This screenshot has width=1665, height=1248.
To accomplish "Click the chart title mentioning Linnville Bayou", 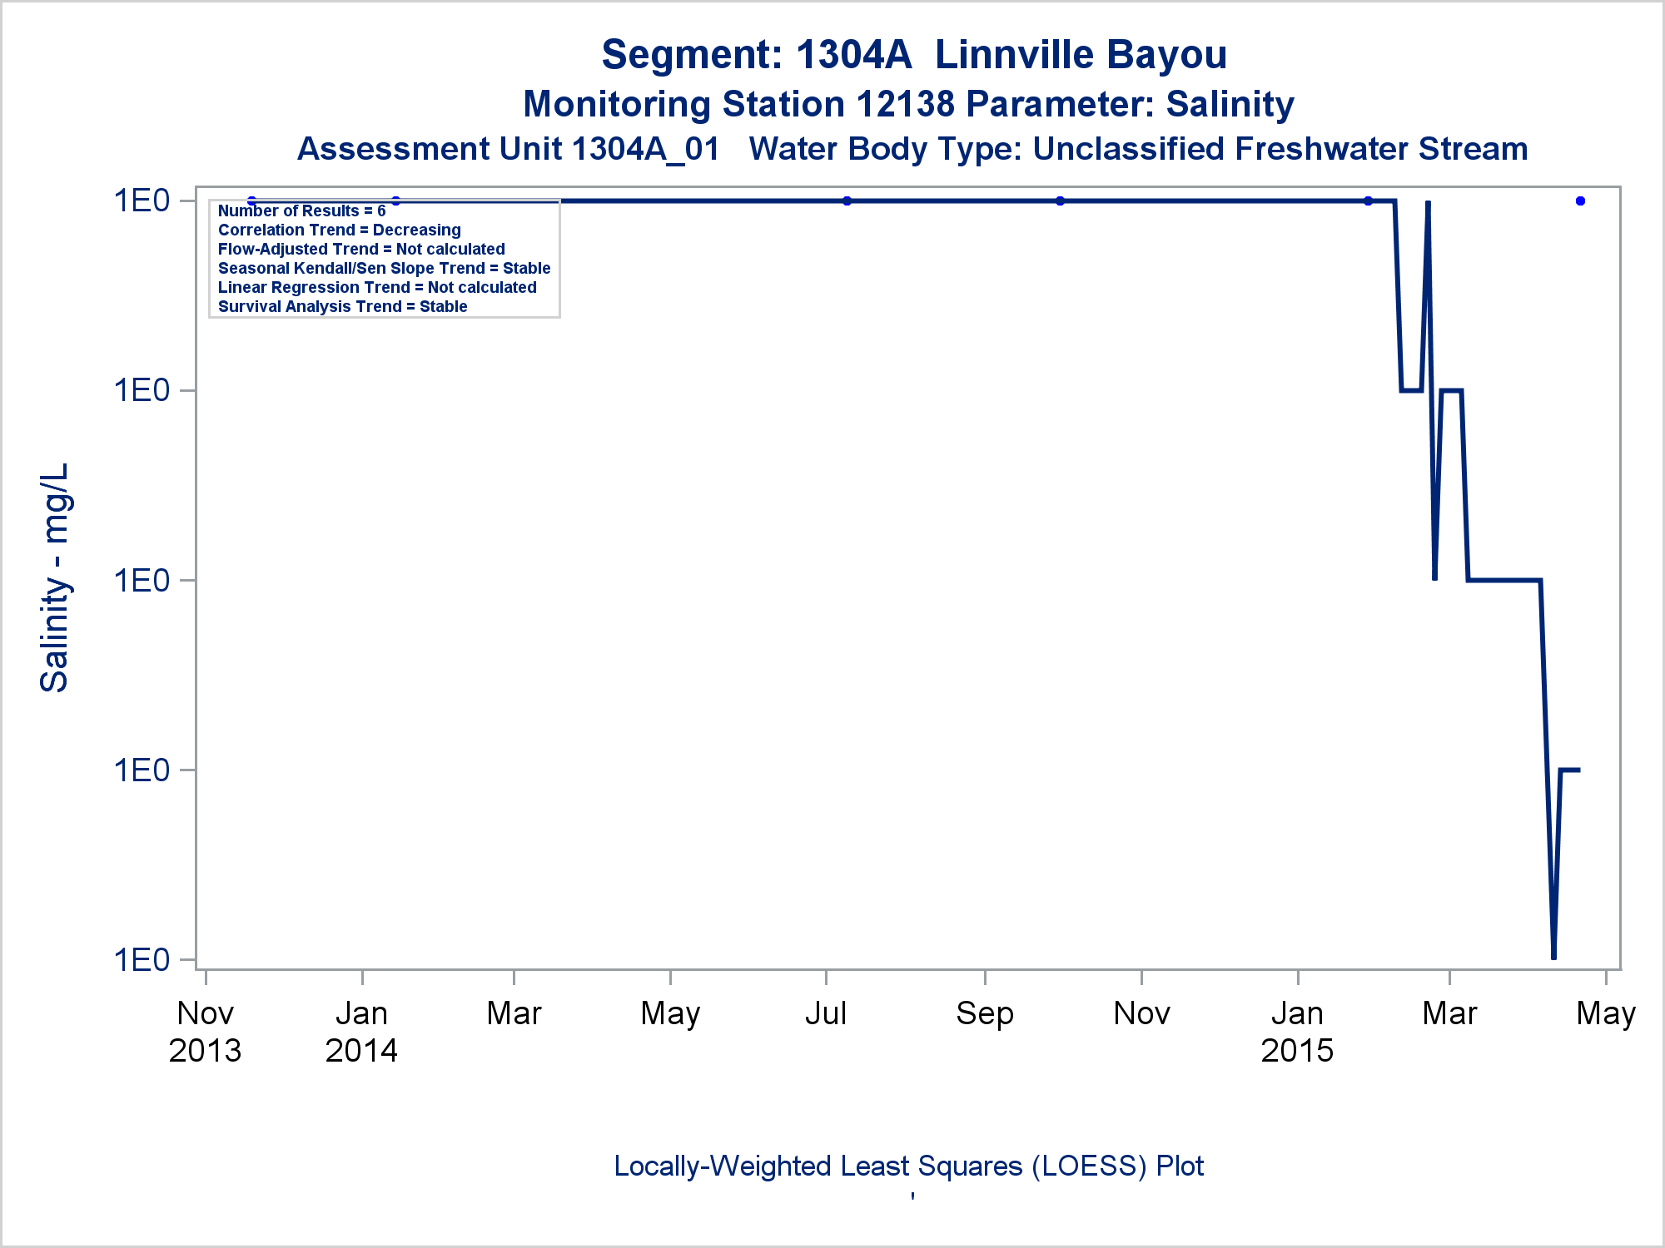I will coord(913,55).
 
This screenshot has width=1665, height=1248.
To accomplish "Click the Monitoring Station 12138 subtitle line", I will coord(908,105).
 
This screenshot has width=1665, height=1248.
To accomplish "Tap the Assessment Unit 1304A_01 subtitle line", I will coord(912,150).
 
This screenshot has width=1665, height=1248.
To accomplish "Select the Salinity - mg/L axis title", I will coord(55,578).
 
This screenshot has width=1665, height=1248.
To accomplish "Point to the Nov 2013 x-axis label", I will coord(205,1032).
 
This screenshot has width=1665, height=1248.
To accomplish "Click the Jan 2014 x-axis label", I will coord(361,1032).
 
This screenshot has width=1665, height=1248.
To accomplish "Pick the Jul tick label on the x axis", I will coord(825,1013).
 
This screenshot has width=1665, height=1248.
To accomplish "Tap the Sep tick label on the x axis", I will coord(985,1013).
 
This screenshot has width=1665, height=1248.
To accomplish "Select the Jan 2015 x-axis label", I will coord(1297,1032).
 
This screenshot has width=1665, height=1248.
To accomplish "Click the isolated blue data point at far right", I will coord(1580,201).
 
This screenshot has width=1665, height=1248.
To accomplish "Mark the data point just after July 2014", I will coord(847,201).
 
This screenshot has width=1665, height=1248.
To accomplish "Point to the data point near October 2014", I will coord(1060,201).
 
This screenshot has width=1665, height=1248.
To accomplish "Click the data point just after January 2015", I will coord(1368,201).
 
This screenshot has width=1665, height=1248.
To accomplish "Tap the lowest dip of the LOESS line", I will coord(1553,957).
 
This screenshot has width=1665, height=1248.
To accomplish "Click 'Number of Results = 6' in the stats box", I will coord(301,211).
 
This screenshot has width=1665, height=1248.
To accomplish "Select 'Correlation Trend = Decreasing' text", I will coord(339,230).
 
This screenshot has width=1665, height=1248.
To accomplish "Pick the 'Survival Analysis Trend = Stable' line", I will coord(342,307).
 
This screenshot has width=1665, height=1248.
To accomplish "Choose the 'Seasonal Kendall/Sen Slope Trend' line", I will coord(384,269).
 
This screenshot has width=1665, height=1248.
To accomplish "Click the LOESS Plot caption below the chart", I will coord(908,1166).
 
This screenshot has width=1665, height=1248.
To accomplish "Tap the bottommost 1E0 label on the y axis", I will coord(142,960).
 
